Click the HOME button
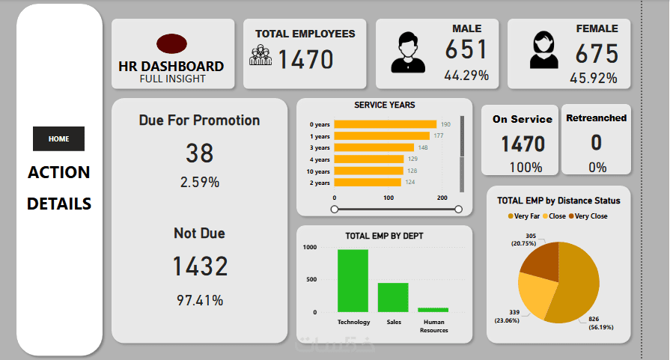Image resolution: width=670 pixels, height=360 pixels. point(58,138)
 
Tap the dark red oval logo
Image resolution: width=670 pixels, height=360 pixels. point(171,43)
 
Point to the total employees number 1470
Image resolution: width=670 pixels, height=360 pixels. point(305,58)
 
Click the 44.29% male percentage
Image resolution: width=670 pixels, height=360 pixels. point(466,76)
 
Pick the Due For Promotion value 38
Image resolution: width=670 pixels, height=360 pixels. point(200,153)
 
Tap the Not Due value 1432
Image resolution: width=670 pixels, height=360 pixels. point(200,266)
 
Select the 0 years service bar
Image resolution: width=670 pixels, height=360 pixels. point(385,124)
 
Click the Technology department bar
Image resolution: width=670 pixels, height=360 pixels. point(353,281)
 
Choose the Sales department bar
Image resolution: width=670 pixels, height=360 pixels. point(393,297)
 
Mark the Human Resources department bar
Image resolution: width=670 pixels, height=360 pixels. point(433,310)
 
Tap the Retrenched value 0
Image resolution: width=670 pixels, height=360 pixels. point(596,142)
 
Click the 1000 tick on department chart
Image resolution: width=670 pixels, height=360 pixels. point(309,248)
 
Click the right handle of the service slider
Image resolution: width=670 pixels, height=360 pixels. point(458,210)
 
